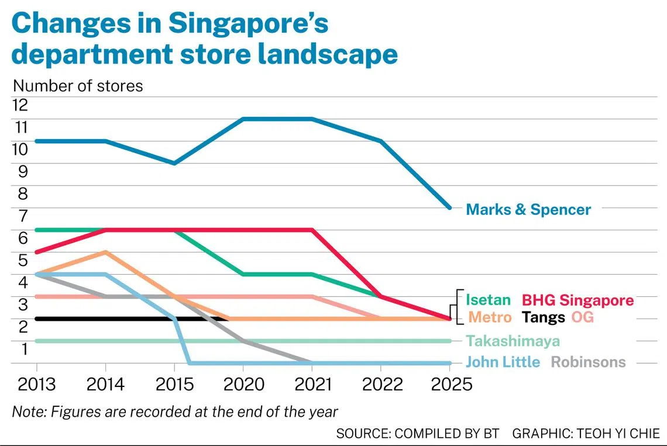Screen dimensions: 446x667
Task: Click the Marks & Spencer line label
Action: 528,209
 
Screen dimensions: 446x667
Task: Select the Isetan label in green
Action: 488,300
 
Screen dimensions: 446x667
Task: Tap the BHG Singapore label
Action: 577,300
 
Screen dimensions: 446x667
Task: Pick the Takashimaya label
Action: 513,341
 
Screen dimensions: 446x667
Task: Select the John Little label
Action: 503,362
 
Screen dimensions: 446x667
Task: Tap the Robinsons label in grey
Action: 588,362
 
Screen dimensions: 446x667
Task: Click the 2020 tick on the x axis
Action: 243,384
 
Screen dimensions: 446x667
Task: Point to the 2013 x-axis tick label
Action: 37,384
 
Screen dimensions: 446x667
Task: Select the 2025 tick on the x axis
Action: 449,384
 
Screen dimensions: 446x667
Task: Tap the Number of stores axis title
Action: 77,85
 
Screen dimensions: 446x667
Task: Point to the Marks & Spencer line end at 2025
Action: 449,208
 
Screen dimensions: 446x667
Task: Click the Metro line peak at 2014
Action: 105,252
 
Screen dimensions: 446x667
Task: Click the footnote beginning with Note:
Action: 175,411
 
